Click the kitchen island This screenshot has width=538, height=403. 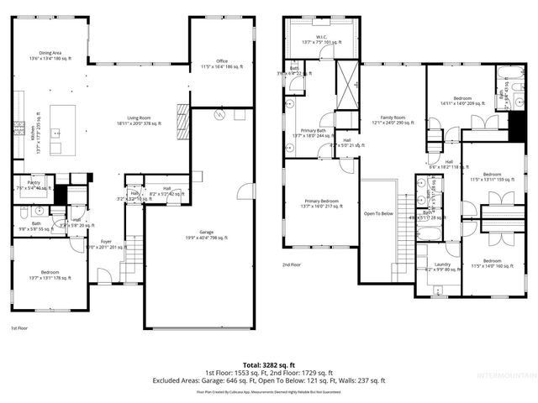[62, 130]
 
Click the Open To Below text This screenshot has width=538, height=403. [378, 213]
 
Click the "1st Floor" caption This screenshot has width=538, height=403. [20, 328]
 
